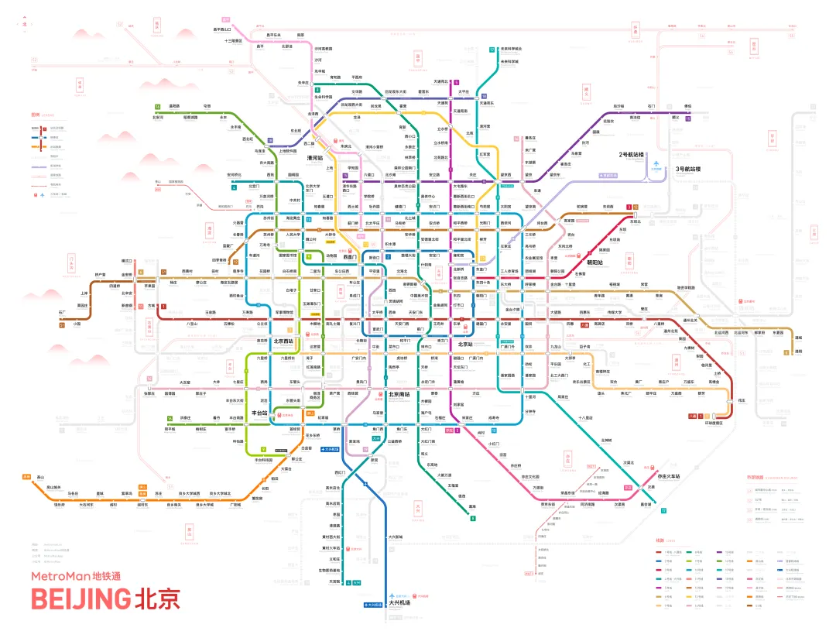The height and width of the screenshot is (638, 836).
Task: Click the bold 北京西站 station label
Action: (284, 341)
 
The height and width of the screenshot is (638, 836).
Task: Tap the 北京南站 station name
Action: (398, 395)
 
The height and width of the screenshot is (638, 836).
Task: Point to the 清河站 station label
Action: (314, 157)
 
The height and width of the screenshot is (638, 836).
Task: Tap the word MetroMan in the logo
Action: (60, 575)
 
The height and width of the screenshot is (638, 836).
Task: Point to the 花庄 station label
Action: (741, 400)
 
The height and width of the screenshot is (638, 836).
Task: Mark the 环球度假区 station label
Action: (714, 423)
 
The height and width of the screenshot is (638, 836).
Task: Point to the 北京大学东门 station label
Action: (313, 187)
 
